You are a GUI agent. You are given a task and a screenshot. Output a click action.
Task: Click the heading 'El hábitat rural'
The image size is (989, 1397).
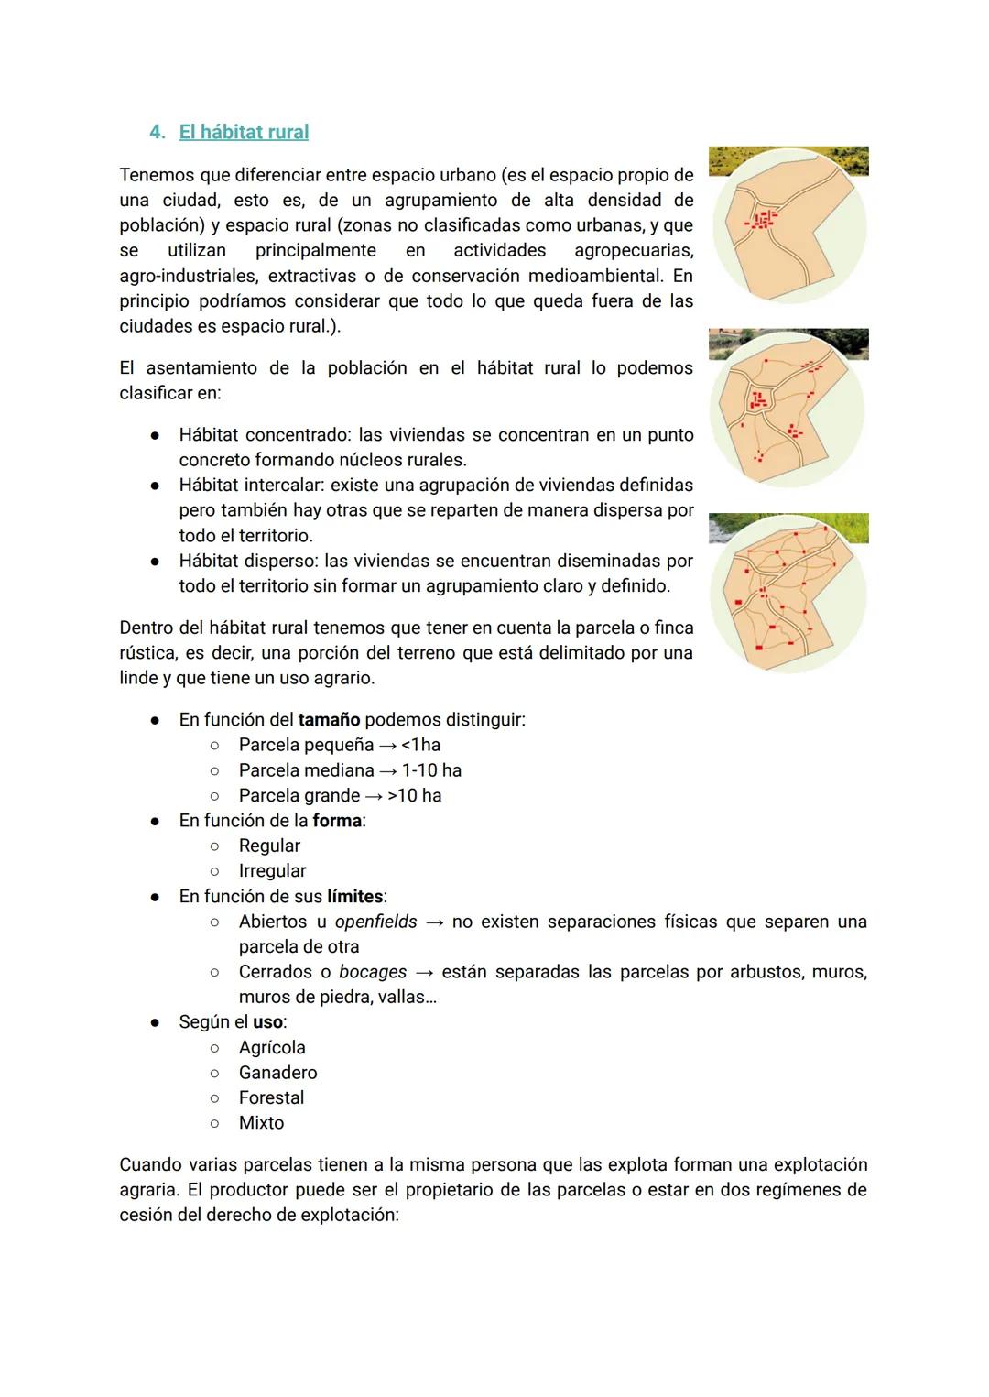[244, 132]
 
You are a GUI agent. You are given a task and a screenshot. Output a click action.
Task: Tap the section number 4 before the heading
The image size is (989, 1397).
[156, 132]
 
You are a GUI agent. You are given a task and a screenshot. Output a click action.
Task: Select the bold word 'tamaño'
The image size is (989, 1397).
[329, 720]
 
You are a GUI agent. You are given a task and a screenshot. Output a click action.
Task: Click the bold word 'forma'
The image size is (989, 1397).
[337, 821]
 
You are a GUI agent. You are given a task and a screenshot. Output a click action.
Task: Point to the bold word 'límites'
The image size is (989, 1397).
[355, 896]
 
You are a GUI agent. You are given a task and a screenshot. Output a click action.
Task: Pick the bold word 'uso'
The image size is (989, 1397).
[267, 1021]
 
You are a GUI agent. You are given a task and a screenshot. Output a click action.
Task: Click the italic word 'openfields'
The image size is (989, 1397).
[375, 922]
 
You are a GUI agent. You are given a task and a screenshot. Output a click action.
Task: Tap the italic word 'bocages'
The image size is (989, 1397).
[373, 972]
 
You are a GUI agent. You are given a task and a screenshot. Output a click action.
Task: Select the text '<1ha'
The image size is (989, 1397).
[420, 745]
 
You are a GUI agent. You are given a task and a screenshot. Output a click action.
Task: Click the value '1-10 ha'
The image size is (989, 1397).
[431, 770]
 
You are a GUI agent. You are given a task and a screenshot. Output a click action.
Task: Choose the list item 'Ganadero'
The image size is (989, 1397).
[277, 1072]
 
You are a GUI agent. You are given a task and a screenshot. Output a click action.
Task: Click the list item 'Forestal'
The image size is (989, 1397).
[271, 1097]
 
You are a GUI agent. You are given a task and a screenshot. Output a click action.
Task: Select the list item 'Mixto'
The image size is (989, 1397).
[261, 1122]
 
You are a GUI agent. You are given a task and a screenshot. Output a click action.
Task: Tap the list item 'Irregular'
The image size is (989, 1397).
[272, 871]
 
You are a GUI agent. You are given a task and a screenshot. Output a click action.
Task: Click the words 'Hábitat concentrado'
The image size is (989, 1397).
[263, 435]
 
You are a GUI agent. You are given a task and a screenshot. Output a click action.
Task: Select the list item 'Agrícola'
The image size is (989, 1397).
[272, 1047]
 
